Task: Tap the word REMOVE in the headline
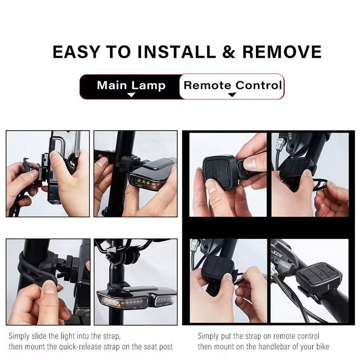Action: [x=282, y=52]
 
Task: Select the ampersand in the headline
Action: [x=229, y=52]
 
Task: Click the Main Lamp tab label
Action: [x=131, y=85]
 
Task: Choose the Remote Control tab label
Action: [x=232, y=85]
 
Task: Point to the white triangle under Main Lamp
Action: [x=131, y=95]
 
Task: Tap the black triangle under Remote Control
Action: [x=232, y=94]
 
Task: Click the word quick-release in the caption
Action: [x=81, y=347]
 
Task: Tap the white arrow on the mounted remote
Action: [x=330, y=287]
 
